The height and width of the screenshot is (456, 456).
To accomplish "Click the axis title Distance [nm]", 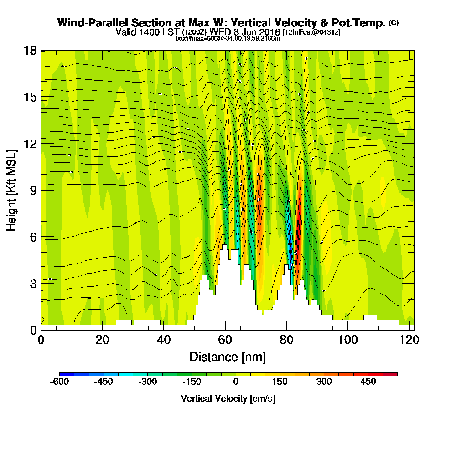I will (x=227, y=357).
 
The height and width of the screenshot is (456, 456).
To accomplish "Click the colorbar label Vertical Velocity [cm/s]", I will (x=228, y=399).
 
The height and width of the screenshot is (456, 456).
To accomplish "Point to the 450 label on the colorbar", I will (x=368, y=382).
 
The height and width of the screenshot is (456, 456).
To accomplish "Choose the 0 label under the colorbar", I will (x=236, y=382).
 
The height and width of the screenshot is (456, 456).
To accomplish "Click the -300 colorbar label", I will (x=148, y=382).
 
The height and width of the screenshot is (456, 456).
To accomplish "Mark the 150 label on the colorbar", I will (x=280, y=382).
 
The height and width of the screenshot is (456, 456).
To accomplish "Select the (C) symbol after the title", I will (x=394, y=23).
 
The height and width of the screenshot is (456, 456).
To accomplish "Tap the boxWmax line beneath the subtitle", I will (x=228, y=38).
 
